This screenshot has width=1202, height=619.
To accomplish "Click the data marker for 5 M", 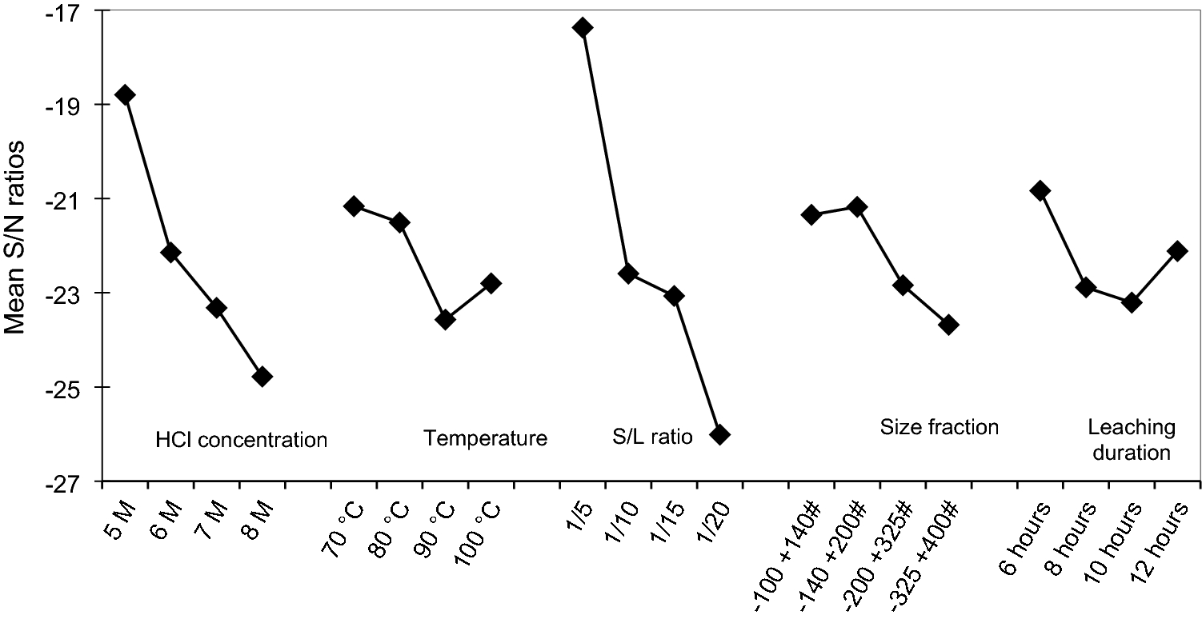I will [x=125, y=95].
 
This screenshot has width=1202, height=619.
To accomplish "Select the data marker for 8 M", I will [x=262, y=377].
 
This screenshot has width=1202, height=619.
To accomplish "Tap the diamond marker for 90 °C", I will [x=446, y=320].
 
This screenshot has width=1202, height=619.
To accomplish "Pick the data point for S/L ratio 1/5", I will [x=583, y=28].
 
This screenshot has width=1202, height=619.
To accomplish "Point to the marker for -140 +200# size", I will [x=857, y=207].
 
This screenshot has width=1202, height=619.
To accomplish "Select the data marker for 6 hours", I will [x=1040, y=190].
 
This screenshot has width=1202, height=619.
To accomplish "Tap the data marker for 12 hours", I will [x=1177, y=251].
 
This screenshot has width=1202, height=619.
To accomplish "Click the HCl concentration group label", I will [x=242, y=440].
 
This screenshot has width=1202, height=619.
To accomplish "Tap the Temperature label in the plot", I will [x=486, y=438].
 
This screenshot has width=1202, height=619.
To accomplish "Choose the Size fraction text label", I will [x=939, y=427].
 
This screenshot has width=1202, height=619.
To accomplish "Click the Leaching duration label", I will [x=1131, y=440].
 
